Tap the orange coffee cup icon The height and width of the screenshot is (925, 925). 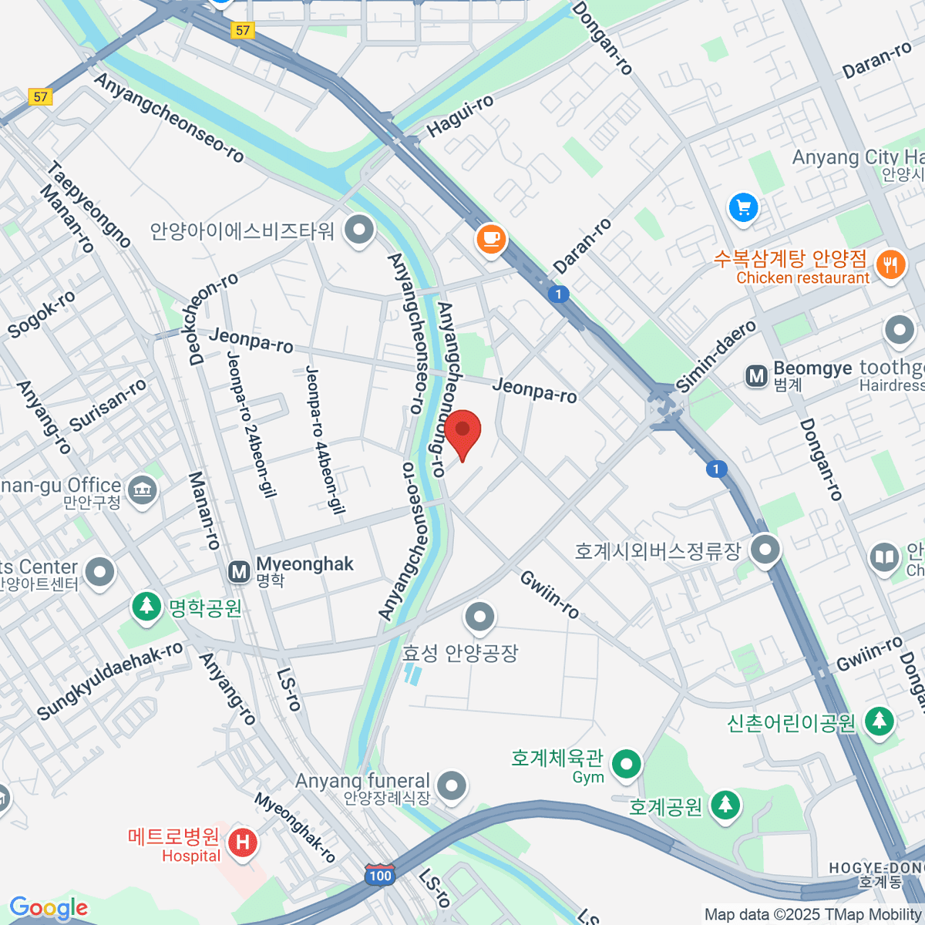coord(491,237)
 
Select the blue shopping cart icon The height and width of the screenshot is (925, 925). coord(743,207)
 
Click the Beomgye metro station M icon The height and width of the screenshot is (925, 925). coord(756,375)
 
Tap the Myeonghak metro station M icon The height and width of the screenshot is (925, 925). coord(239,571)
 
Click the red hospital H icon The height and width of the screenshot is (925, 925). coord(243,842)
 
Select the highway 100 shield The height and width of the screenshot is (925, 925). coord(380,876)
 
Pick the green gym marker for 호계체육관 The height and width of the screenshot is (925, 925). coord(626,765)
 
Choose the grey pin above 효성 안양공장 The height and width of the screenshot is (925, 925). coord(480,617)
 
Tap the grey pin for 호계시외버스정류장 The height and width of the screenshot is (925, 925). coord(765,550)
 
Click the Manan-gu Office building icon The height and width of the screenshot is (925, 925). coord(142,489)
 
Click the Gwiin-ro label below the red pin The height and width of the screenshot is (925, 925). coord(550,594)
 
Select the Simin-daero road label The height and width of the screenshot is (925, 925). coord(716,356)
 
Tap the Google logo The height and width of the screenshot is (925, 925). coord(49,908)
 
